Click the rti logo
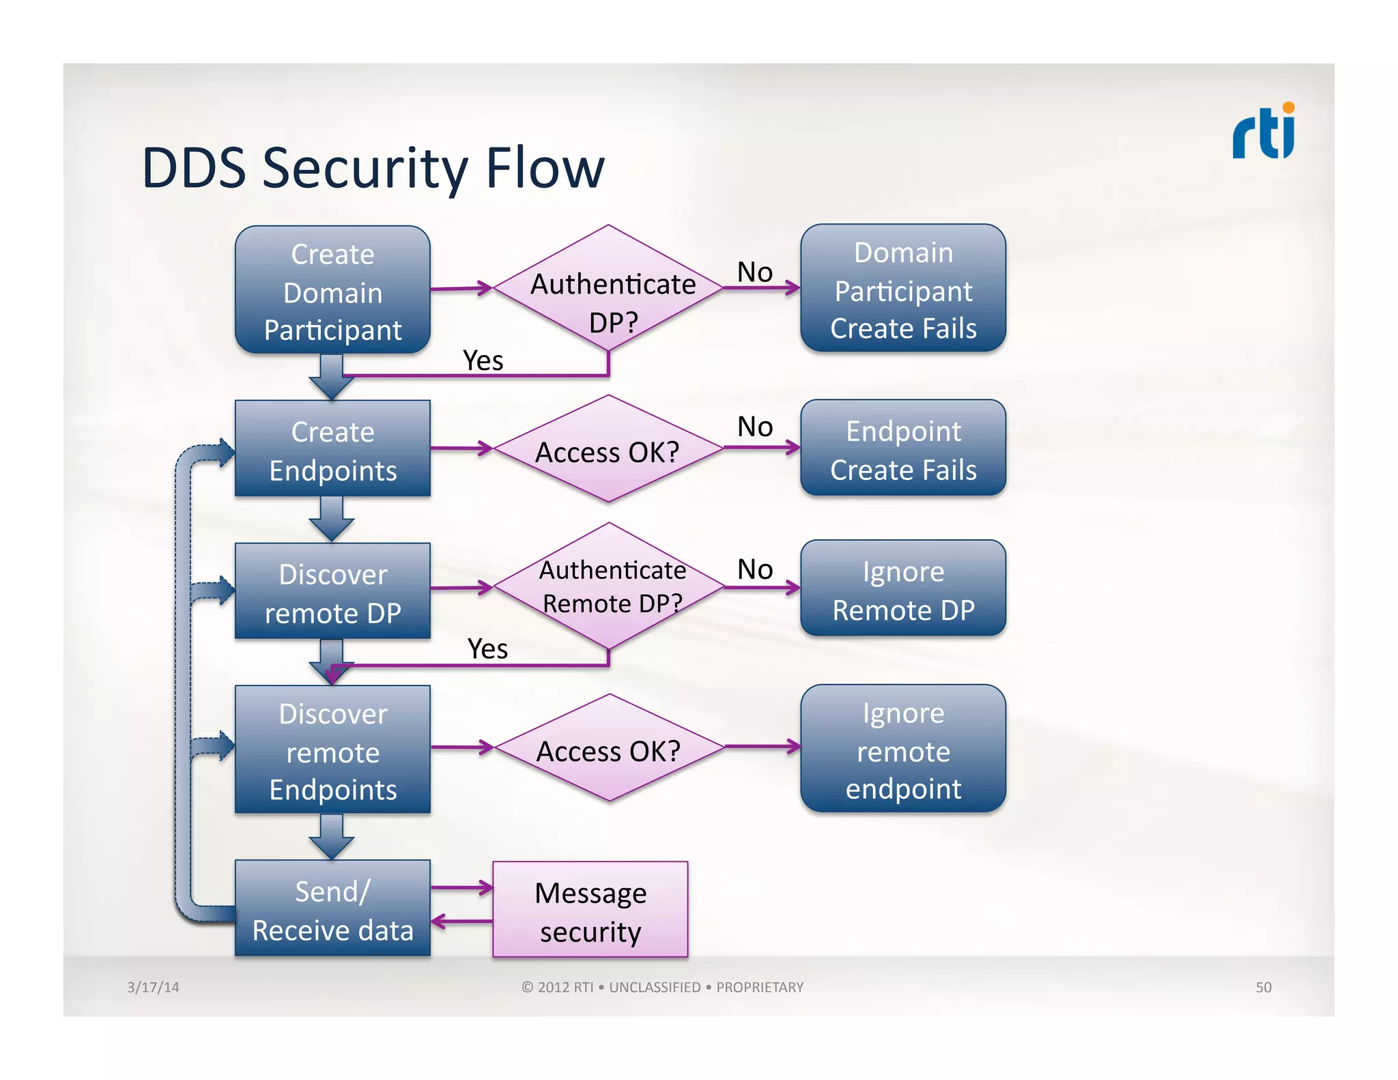1263,131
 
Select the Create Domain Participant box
332,291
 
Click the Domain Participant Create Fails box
902,289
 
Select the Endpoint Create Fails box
902,449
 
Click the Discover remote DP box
332,592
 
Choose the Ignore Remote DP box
902,589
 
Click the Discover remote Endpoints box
332,750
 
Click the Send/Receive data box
332,909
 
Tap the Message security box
590,911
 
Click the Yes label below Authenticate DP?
483,360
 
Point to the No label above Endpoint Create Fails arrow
754,427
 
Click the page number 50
1263,987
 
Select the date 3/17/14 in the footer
153,987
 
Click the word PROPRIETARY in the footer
759,987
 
